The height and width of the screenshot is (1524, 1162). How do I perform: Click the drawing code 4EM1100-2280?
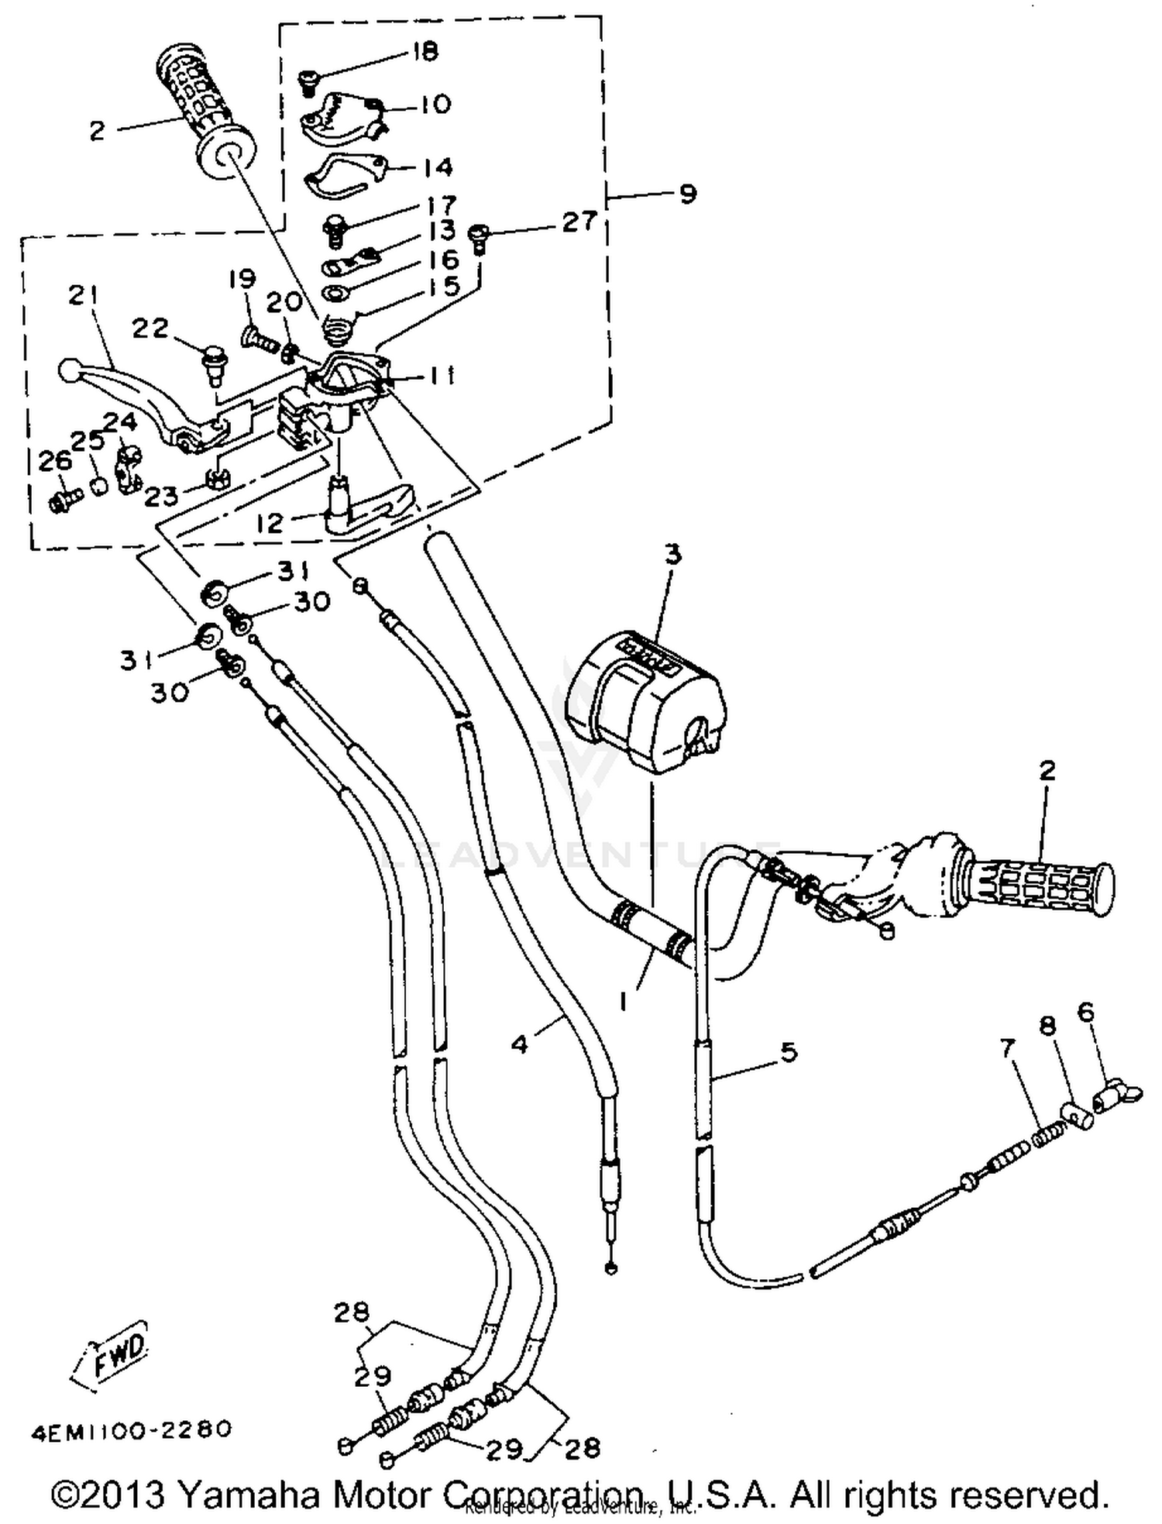tap(132, 1430)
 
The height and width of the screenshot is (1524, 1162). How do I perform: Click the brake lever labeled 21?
tap(132, 391)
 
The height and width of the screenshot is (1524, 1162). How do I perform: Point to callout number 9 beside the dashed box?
tap(687, 193)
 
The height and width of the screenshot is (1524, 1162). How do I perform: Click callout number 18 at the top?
tap(425, 52)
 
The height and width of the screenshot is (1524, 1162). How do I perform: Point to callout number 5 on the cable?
tap(788, 1052)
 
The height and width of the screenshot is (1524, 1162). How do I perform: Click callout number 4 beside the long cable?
tap(520, 1045)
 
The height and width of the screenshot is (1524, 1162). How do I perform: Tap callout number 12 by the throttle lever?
tap(270, 523)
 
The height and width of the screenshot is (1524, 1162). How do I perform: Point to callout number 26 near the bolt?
tap(54, 462)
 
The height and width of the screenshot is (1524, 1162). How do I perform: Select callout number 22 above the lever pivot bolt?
tap(150, 329)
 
